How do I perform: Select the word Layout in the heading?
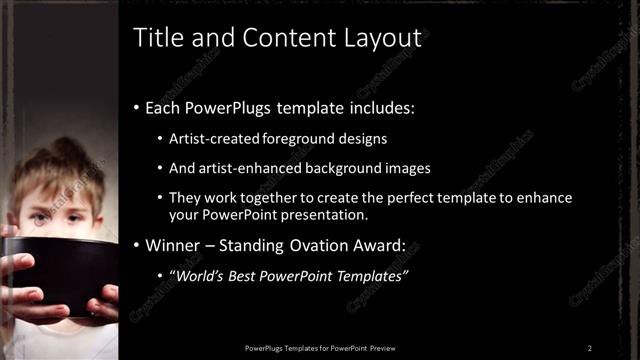[x=380, y=39]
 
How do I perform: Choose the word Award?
[x=396, y=245]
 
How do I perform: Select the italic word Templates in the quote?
[x=369, y=276]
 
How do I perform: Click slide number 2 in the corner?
[x=590, y=348]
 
